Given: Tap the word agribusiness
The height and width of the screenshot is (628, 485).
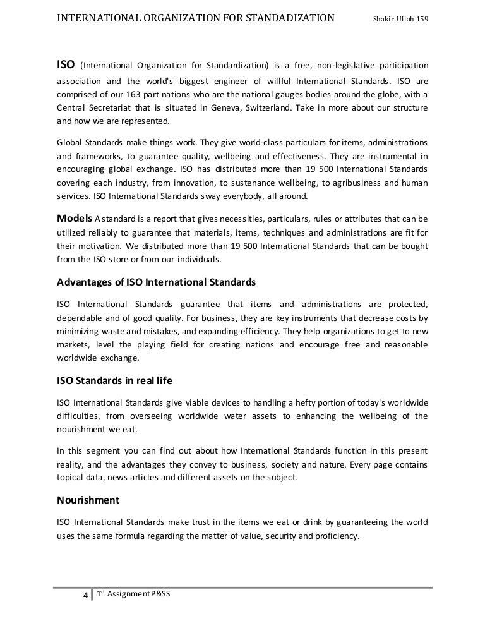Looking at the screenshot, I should coord(356,183).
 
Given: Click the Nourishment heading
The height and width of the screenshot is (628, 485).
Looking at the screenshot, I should coord(88,500).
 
